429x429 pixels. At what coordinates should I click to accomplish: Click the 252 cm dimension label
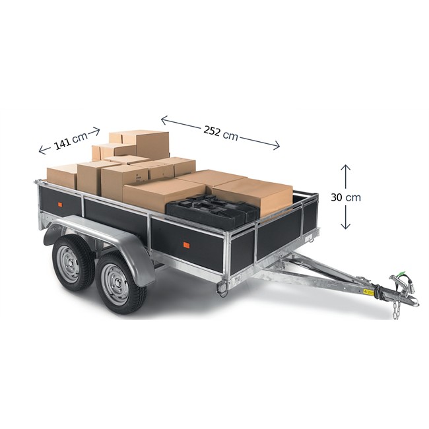click(220, 133)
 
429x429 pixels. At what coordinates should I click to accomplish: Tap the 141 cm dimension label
click(71, 141)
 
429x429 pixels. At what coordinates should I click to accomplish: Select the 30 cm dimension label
click(346, 197)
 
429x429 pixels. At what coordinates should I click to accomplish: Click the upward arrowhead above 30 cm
click(346, 168)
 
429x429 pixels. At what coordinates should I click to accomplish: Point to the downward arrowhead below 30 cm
click(346, 226)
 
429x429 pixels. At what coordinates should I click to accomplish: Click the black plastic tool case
click(213, 211)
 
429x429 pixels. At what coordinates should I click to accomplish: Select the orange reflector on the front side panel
click(186, 245)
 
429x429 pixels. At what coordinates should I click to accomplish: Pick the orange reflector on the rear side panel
click(60, 205)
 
